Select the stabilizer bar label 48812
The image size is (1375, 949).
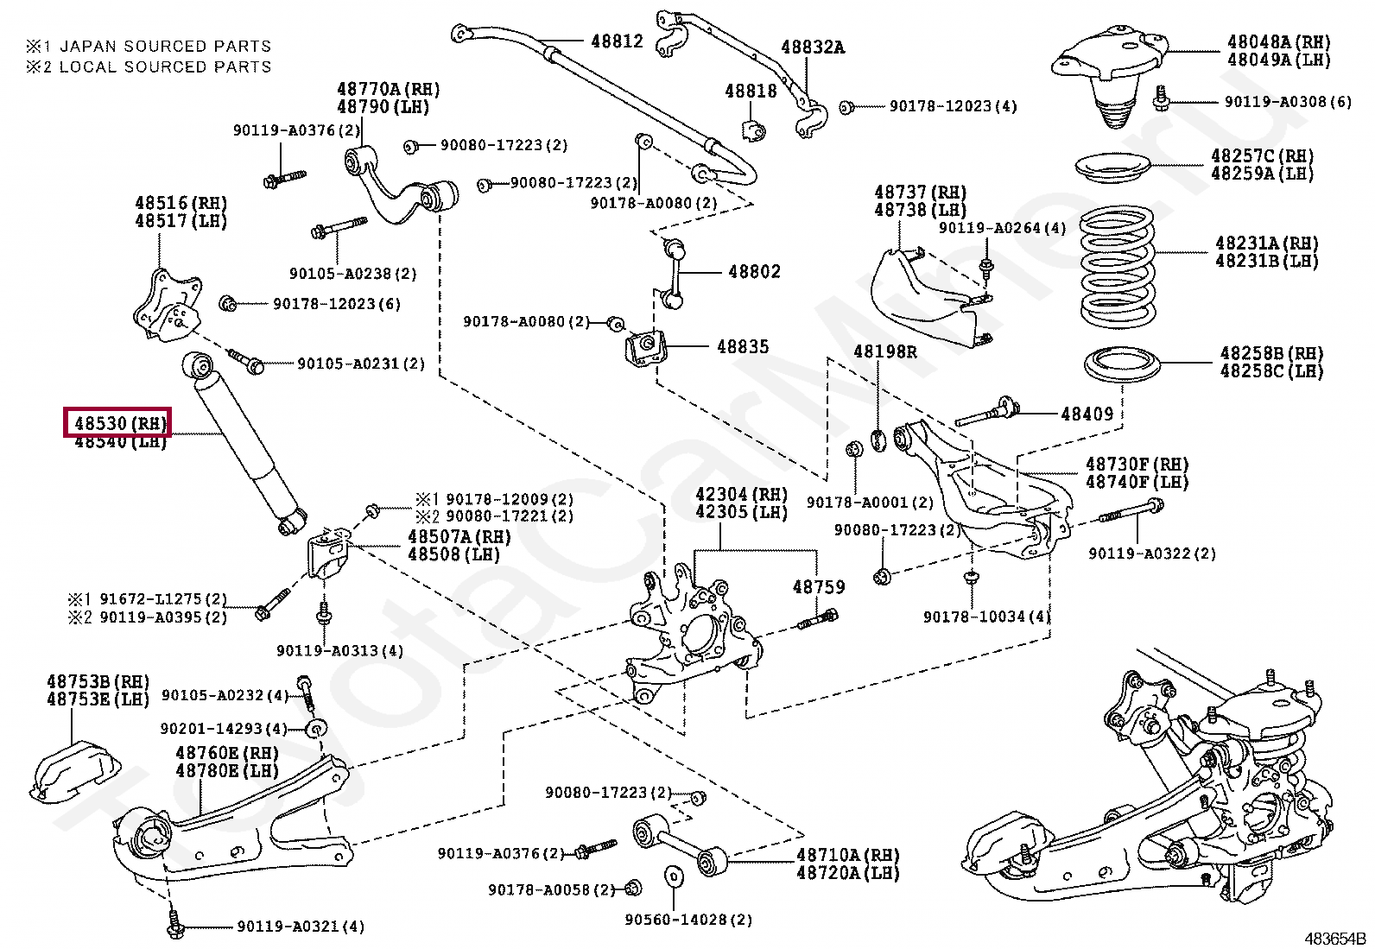click(617, 41)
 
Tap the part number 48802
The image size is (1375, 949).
click(754, 272)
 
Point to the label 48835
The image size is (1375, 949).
click(743, 346)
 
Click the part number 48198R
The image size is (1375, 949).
click(885, 351)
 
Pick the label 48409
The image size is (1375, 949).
click(1087, 414)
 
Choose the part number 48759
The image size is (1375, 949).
click(819, 587)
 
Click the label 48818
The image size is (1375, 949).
click(751, 91)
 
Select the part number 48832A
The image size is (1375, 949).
click(813, 47)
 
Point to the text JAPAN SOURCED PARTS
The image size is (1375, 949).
click(165, 47)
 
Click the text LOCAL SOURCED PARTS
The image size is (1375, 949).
click(165, 67)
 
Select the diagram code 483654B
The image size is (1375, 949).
click(1334, 939)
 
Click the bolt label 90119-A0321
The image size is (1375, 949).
click(301, 927)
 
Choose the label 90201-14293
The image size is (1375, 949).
click(224, 729)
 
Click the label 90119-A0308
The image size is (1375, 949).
click(1288, 102)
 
